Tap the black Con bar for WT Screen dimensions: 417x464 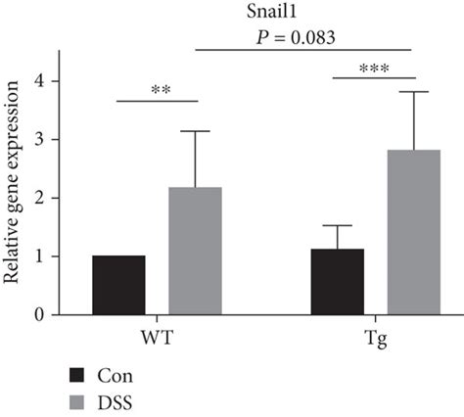tap(118, 285)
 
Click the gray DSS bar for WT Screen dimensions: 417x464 tap(195, 251)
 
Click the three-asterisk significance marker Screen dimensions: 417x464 tap(374, 69)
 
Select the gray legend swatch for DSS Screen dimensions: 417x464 tap(81, 402)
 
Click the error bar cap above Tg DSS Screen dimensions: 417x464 tap(413, 92)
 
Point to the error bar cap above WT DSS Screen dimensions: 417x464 tap(195, 131)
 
